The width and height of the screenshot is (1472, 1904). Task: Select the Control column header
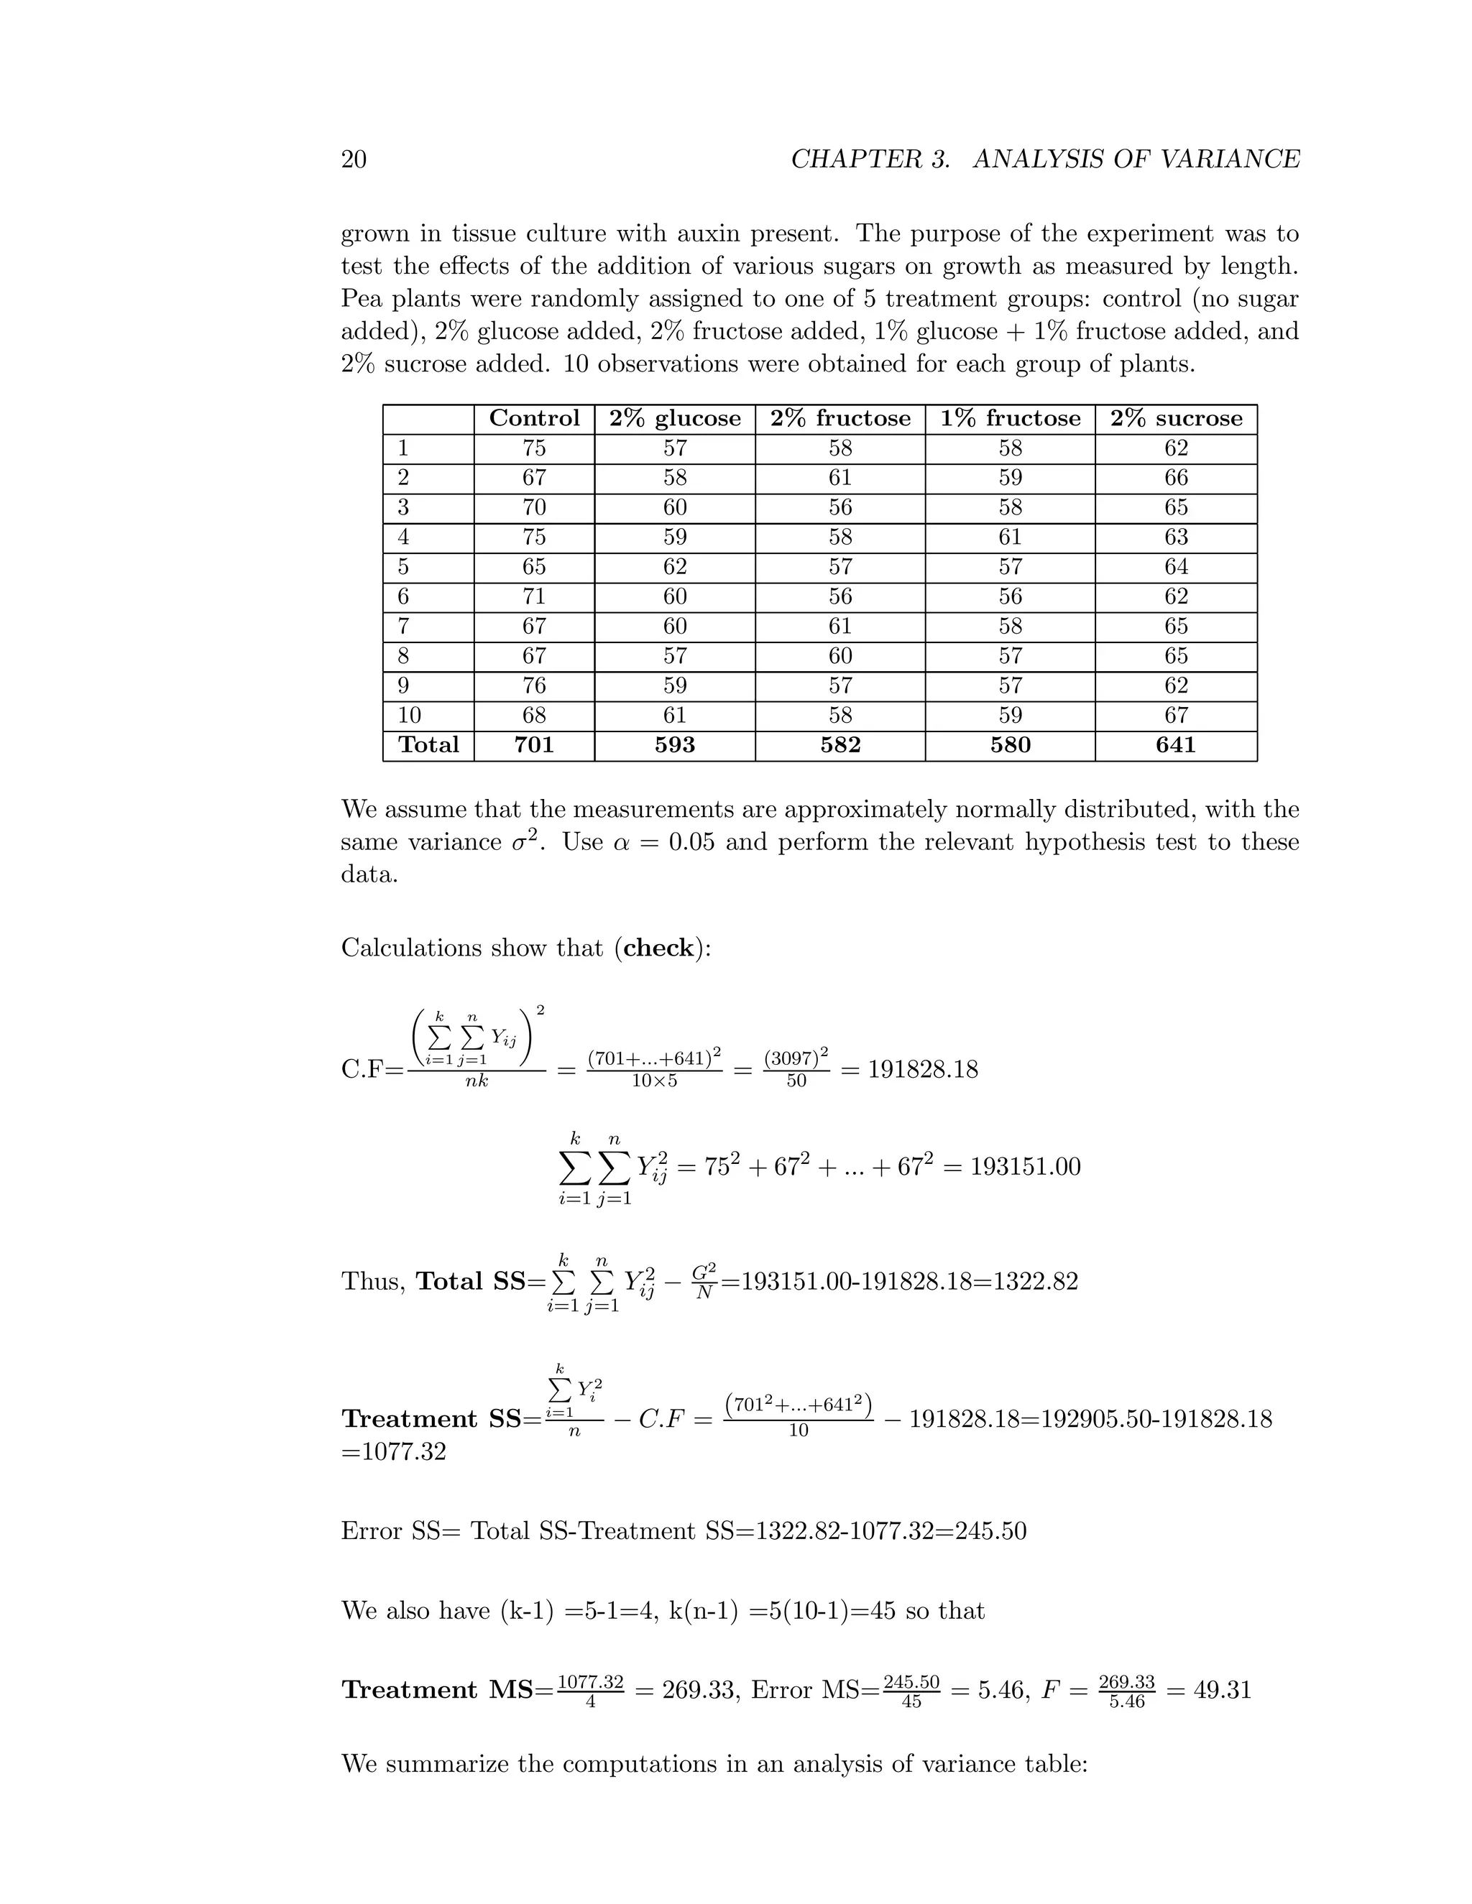[534, 418]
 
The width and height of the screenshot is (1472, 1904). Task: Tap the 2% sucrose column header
[1175, 418]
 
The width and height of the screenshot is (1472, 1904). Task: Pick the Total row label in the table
[428, 745]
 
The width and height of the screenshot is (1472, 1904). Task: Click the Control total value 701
[534, 745]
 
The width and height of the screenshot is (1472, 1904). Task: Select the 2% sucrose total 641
[1175, 745]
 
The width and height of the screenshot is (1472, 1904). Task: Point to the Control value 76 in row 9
[534, 686]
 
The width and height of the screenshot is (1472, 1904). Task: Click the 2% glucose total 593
[674, 745]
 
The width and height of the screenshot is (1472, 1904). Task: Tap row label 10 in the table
[409, 716]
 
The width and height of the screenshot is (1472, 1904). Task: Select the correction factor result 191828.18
[923, 1069]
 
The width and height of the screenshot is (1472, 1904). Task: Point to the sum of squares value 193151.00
[1025, 1166]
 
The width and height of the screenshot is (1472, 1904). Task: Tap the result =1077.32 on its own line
[393, 1452]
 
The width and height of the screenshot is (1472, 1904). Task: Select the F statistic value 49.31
[1222, 1691]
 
